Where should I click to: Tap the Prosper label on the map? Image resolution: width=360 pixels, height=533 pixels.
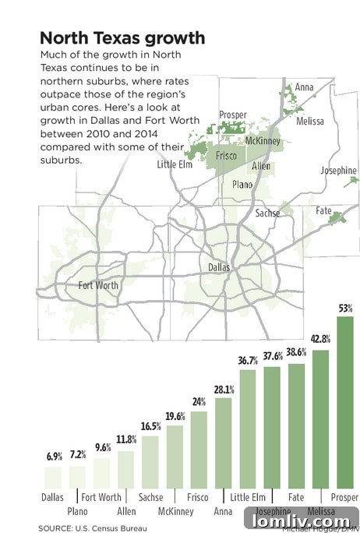233,115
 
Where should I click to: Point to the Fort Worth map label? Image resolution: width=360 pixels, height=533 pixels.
99,285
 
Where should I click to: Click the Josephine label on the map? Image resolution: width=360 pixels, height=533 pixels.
338,171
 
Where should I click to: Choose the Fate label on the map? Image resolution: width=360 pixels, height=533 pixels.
323,211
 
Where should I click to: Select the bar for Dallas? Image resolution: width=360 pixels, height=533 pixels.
52,477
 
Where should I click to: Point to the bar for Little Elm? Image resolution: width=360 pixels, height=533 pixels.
248,429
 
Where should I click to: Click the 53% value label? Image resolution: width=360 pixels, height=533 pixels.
345,309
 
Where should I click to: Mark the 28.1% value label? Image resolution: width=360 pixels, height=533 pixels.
224,390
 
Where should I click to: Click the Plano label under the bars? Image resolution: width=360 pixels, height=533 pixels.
77,512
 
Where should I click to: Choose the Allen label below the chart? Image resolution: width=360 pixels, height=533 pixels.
126,512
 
